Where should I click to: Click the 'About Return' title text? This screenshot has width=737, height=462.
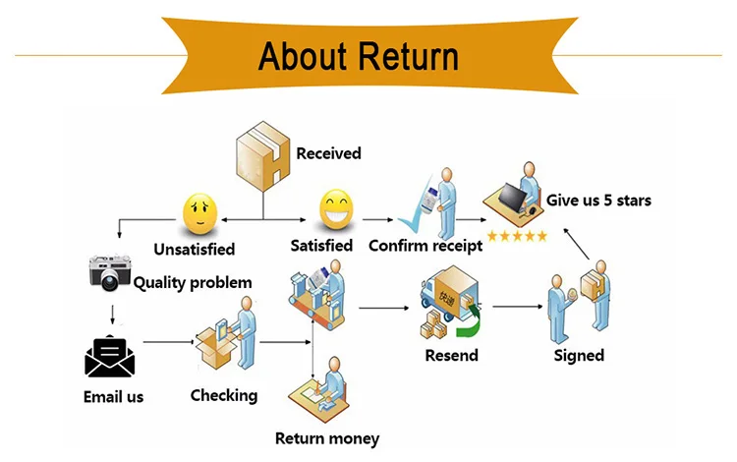point(358,56)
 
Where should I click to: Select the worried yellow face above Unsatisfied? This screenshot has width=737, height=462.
point(198,211)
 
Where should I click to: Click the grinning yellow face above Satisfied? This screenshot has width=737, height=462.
point(334,209)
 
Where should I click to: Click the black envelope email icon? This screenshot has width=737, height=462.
point(110,356)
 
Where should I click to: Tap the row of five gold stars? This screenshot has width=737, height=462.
point(516,236)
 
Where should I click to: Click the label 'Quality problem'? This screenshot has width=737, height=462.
point(193,283)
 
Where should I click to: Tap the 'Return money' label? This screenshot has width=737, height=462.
point(326,438)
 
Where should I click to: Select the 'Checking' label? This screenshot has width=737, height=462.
point(223,395)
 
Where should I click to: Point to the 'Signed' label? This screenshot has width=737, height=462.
point(579,355)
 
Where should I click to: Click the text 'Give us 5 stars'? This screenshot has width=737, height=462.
point(598,201)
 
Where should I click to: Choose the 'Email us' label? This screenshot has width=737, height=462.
point(113,397)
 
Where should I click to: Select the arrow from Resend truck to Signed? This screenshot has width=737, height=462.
point(517,308)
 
